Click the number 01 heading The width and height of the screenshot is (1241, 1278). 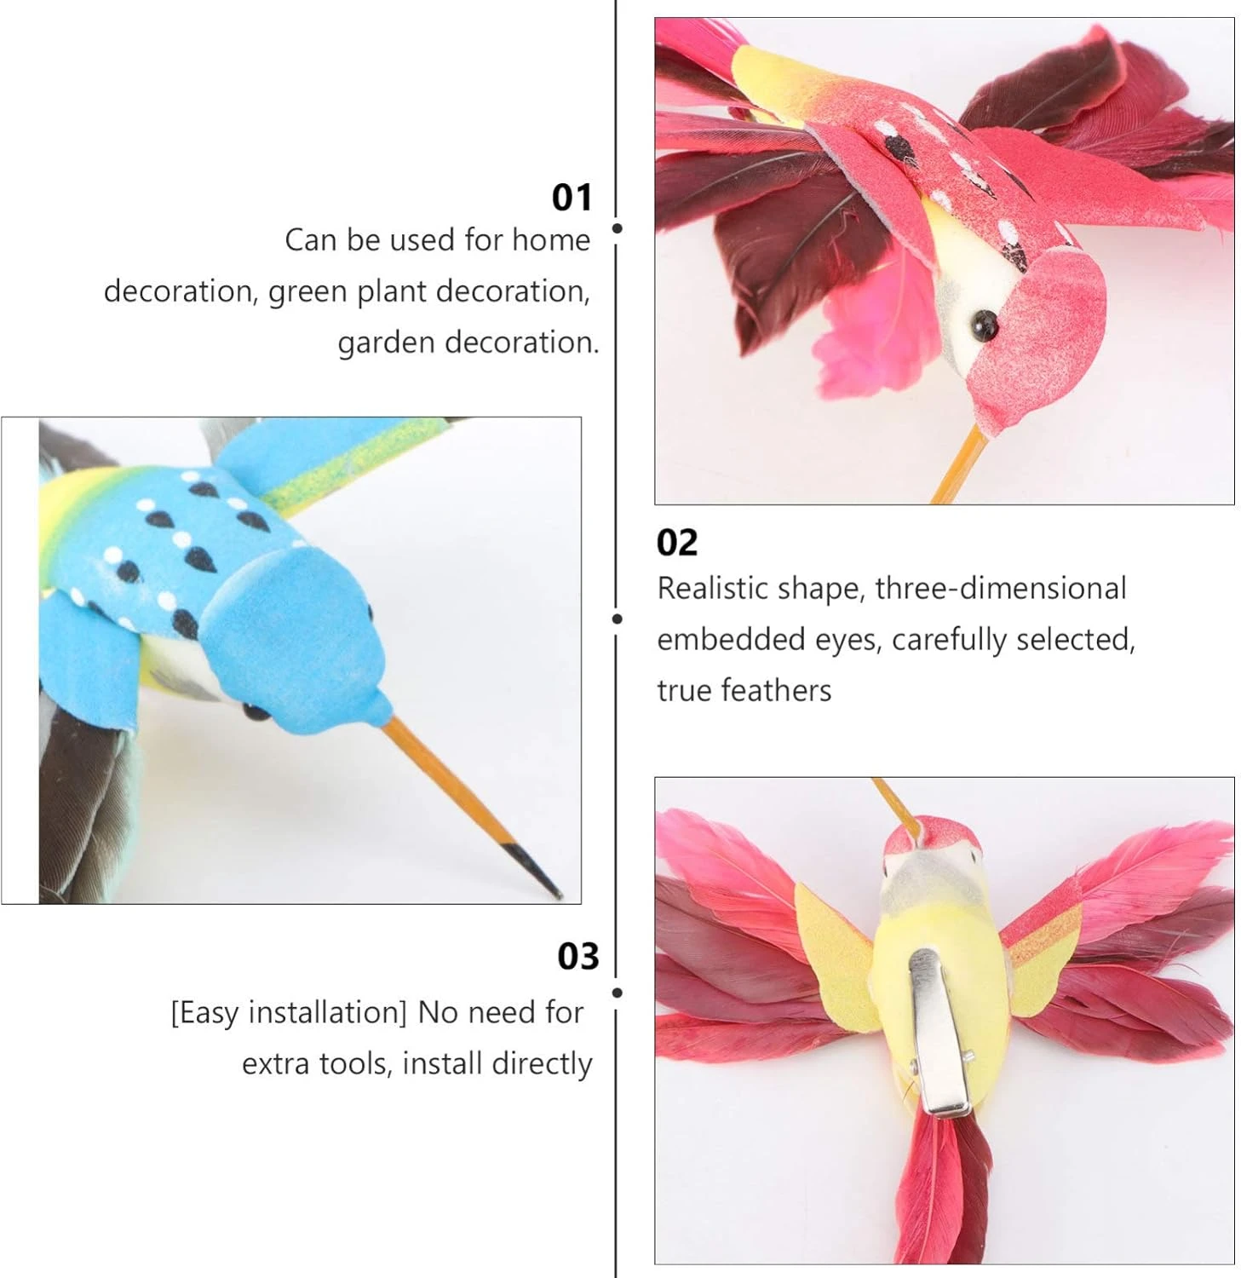(572, 197)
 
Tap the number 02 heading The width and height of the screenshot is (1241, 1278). (676, 543)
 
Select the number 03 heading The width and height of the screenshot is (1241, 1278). (578, 956)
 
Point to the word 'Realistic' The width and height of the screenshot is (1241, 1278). (717, 589)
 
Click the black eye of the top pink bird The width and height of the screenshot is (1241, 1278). (985, 323)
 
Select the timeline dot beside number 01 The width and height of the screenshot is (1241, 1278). (617, 228)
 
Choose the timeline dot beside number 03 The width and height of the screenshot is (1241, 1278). (617, 993)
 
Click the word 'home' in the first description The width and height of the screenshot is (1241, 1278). (550, 240)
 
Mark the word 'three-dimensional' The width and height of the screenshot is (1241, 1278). (1000, 589)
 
